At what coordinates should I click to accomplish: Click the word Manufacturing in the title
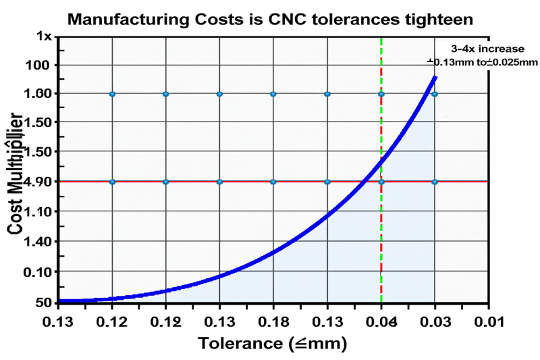pyautogui.click(x=129, y=20)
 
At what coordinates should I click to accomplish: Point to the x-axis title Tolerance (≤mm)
pyautogui.click(x=272, y=343)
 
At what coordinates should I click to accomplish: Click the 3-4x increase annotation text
pyautogui.click(x=482, y=49)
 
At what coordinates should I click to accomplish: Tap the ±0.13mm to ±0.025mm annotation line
pyautogui.click(x=482, y=62)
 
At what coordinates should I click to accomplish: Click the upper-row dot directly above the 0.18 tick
pyautogui.click(x=273, y=94)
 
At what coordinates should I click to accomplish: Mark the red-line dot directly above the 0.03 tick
pyautogui.click(x=435, y=182)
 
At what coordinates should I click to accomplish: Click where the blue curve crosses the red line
pyautogui.click(x=364, y=182)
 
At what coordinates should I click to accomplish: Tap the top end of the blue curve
pyautogui.click(x=435, y=77)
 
